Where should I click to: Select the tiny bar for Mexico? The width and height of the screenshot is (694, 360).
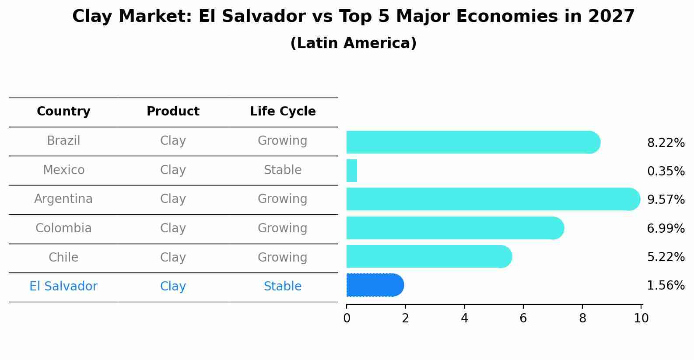click(352, 171)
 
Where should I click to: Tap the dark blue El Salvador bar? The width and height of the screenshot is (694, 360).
click(375, 285)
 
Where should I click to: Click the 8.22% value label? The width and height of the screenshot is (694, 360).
click(666, 143)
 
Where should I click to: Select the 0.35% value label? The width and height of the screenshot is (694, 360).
click(666, 171)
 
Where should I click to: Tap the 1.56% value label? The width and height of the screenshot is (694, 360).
click(666, 286)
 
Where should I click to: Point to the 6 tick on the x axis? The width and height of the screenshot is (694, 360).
click(523, 318)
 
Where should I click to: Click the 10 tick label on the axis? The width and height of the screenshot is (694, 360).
click(641, 318)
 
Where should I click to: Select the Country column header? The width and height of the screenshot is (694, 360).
click(63, 112)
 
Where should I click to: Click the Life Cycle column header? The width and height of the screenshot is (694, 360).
click(283, 112)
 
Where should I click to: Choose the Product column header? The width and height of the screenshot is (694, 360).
click(173, 112)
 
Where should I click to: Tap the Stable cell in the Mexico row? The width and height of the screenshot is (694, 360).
click(283, 170)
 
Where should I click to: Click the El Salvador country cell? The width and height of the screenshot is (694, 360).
click(63, 287)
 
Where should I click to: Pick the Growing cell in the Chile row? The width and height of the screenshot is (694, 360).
click(283, 258)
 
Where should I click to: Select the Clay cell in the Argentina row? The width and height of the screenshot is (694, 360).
click(173, 199)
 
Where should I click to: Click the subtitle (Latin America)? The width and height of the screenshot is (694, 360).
click(353, 43)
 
